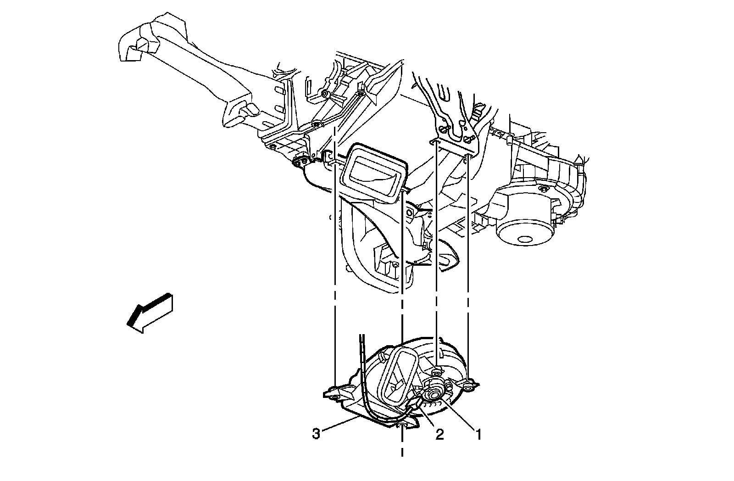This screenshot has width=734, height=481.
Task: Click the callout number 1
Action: coord(478,434)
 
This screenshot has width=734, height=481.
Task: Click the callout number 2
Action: coord(439,435)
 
